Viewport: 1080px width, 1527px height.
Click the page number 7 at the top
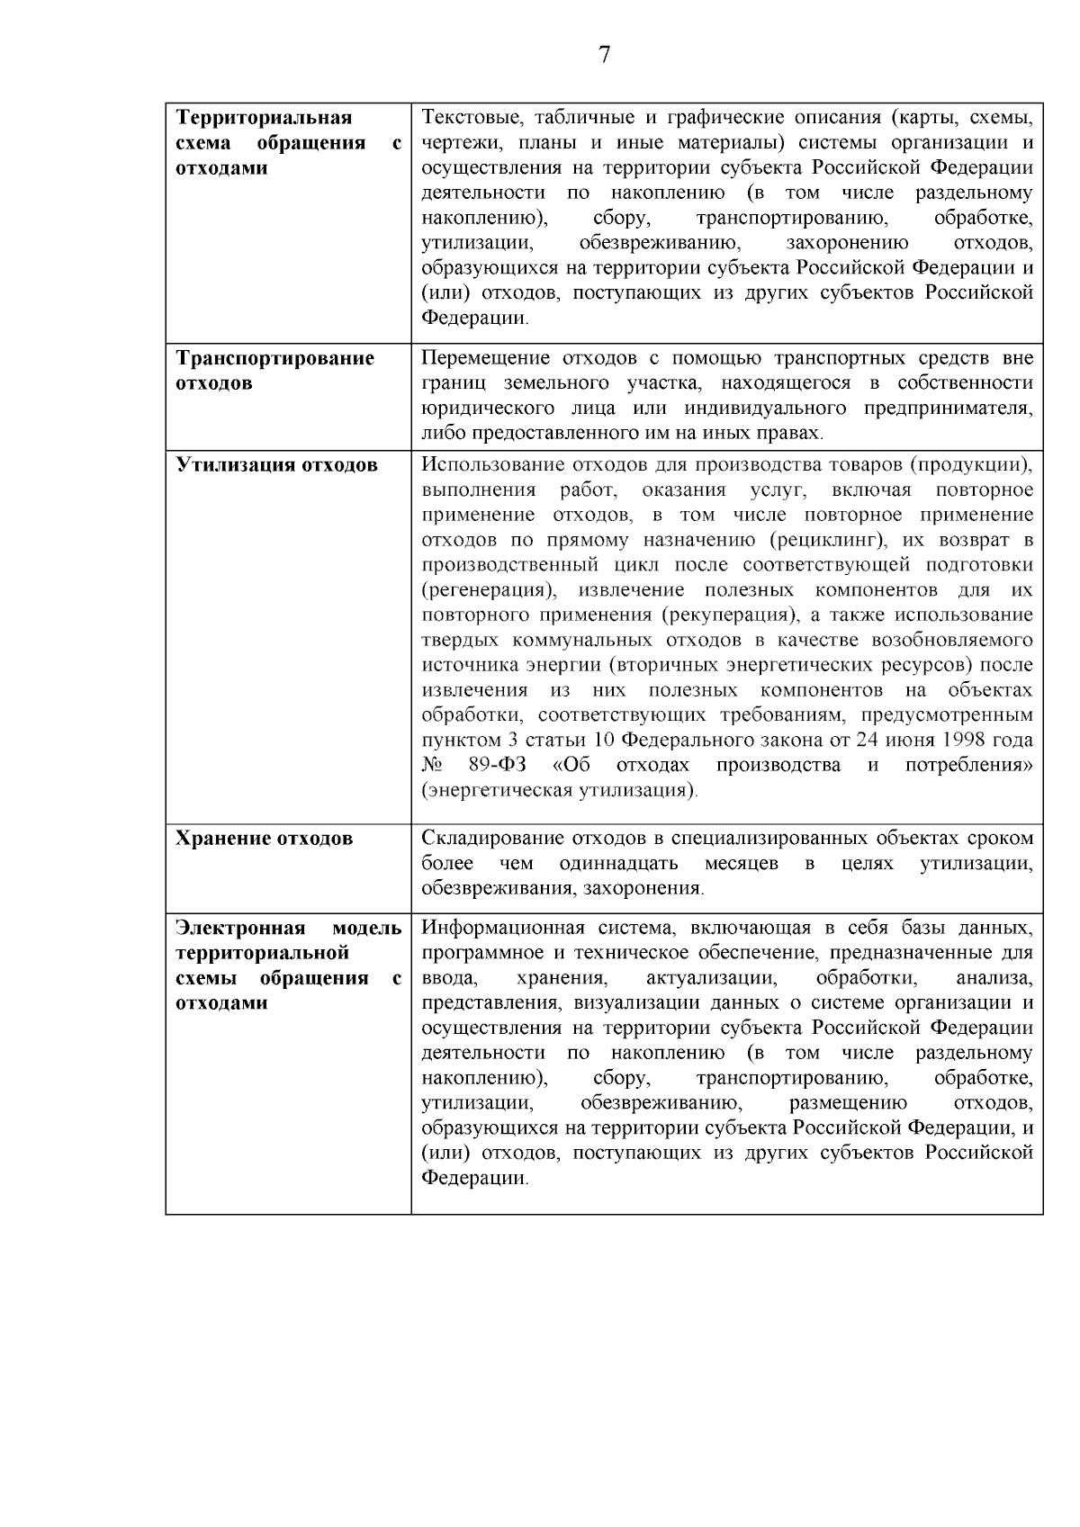point(604,55)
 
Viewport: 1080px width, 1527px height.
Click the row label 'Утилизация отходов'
point(276,465)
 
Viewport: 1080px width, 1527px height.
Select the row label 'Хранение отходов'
point(264,839)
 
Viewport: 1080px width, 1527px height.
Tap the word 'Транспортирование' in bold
point(274,358)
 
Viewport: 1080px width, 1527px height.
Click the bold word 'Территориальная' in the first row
point(264,118)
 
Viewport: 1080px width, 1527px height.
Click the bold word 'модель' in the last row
point(366,928)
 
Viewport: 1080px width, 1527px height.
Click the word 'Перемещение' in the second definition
point(478,358)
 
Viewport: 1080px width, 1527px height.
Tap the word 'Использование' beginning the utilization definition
point(486,465)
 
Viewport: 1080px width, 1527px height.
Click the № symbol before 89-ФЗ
point(431,766)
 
